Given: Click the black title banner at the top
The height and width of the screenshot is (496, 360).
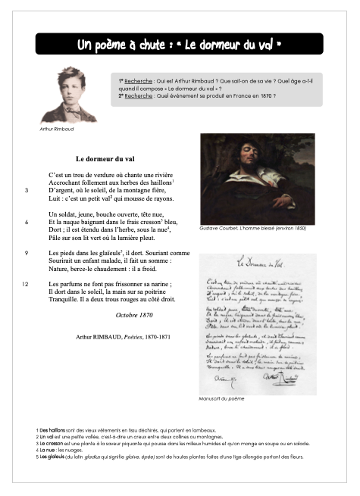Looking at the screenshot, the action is tap(180, 45).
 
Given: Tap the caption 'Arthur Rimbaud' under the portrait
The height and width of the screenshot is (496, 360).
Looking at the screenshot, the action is tap(57, 129).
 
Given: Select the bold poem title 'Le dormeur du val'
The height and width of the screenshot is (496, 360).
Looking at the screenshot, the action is tap(105, 159).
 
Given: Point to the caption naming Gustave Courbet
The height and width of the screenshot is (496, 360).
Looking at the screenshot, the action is tap(246, 228).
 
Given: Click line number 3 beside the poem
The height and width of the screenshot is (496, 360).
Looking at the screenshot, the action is tap(27, 190).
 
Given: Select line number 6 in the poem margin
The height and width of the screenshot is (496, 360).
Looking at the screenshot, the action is tap(27, 223).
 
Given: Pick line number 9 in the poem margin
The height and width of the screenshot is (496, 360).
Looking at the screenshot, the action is tap(27, 253).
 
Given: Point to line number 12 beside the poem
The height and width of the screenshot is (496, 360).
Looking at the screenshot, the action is tap(26, 284).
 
